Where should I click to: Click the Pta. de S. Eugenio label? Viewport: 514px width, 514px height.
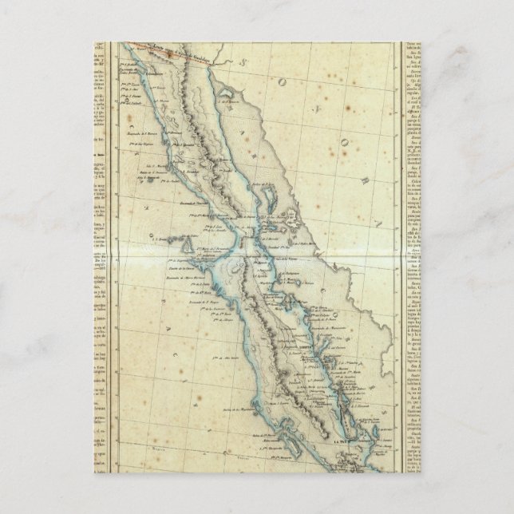(180, 260)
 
